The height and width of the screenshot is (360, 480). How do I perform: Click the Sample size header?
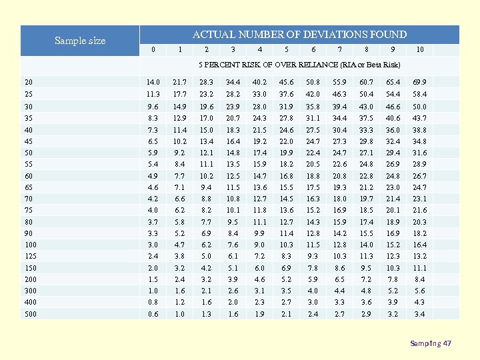(80, 41)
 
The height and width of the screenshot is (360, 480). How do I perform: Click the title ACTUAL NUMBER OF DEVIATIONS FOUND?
(299, 35)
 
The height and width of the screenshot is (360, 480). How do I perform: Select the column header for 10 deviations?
(419, 49)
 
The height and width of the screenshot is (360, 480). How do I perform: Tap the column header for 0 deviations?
(153, 49)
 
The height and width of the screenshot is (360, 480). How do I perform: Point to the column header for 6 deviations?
(313, 49)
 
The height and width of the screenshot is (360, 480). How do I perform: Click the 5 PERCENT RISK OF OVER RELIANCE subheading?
(299, 65)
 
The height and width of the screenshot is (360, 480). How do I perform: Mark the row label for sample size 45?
(29, 142)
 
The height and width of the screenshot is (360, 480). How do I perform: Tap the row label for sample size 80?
(29, 222)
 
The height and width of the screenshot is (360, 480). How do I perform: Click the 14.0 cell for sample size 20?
(153, 82)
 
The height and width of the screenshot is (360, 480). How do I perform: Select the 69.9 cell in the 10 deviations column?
(419, 82)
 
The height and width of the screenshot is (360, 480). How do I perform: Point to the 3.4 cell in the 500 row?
(419, 314)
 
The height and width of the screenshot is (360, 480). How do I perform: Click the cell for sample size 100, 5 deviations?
(287, 245)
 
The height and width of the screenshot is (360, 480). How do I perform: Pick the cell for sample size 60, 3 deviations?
(233, 176)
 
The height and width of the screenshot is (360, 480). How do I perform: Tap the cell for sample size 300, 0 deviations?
(153, 291)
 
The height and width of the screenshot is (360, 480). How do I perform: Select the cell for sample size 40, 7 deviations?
(339, 130)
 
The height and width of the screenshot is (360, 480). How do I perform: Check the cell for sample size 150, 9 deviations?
(393, 268)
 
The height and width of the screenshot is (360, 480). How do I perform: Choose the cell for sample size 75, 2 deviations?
(207, 210)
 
